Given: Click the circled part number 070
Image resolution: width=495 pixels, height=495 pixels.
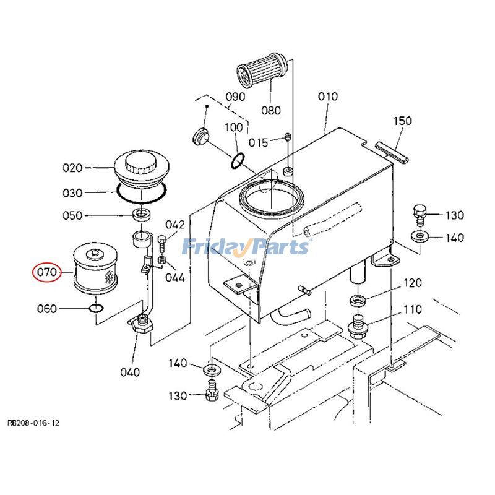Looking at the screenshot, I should pos(47,272).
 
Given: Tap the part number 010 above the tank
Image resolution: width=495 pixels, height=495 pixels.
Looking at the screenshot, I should pos(328,97).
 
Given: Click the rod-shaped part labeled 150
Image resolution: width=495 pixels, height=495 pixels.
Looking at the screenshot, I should pos(392,152).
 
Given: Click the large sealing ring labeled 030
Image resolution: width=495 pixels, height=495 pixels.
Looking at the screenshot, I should pos(141,192).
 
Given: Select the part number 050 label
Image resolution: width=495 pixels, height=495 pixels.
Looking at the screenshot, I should pos(73,215).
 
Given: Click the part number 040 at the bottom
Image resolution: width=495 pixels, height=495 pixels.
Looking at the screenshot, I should pos(130,372).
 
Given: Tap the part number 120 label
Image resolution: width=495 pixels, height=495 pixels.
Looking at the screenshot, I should pos(413,283).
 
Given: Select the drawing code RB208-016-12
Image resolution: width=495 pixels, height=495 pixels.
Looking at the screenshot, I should pos(33,423).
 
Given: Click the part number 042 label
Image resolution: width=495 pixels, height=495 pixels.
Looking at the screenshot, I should pos(174,225).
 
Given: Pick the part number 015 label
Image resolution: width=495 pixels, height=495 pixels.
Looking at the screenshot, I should pos(258,143).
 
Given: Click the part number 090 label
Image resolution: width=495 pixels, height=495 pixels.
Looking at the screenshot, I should pos(235,97).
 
